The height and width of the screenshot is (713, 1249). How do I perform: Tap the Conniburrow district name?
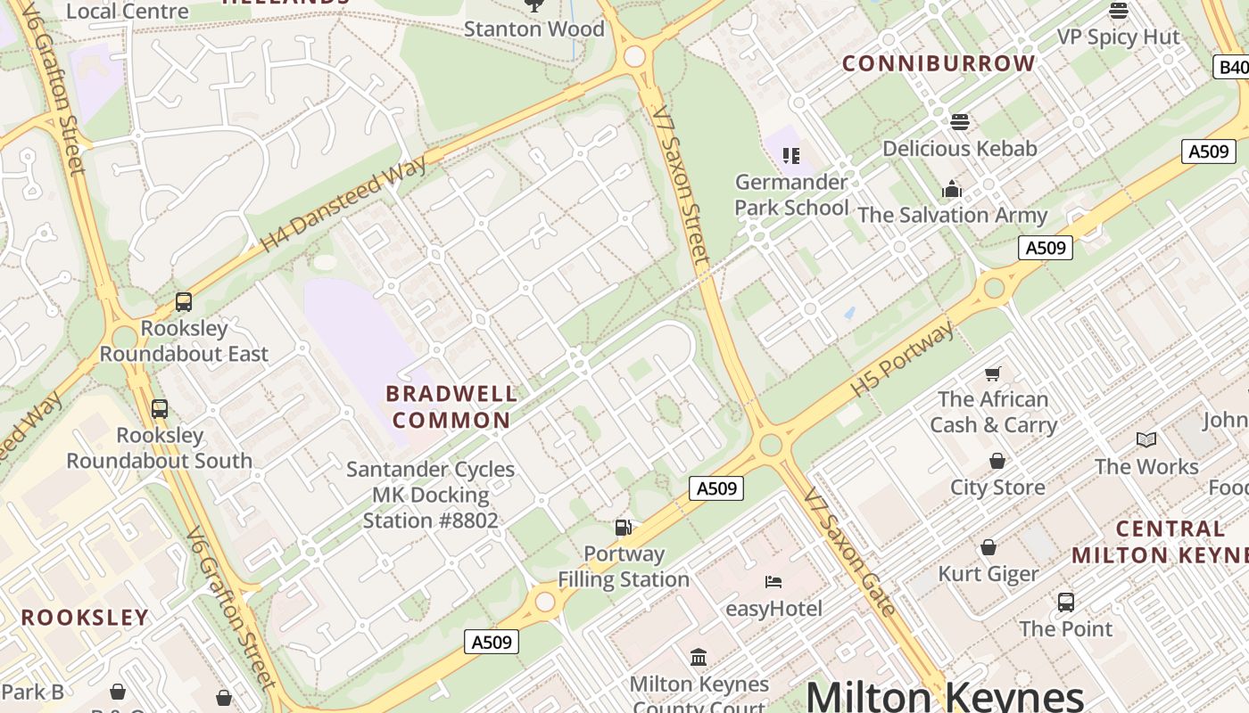point(939,63)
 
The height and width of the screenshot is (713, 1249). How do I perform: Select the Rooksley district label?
point(85,618)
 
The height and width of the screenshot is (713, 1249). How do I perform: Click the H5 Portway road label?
point(902,359)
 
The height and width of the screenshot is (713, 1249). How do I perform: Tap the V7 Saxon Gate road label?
point(848,553)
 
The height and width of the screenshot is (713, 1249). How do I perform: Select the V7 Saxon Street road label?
point(681,185)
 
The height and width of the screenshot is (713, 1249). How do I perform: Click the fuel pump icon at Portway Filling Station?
point(624,528)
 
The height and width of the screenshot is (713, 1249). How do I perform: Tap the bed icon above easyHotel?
point(773,582)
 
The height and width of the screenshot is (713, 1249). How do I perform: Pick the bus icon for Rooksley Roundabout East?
point(184,302)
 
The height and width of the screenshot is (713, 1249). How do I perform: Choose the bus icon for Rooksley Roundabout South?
point(160,409)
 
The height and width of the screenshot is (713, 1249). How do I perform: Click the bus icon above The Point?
point(1065,602)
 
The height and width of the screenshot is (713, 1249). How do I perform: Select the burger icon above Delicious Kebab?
point(960,121)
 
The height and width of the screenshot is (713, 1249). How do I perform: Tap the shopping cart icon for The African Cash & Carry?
point(992,373)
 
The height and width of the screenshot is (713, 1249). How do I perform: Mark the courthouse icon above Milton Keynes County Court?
point(699,657)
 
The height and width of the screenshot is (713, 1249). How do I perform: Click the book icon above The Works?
point(1146,439)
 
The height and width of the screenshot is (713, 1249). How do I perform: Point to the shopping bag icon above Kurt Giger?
point(988,547)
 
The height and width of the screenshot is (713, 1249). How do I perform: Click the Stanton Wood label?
point(534,29)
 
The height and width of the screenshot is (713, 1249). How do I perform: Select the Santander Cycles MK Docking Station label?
point(431,495)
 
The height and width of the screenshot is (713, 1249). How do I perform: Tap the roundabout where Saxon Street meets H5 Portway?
point(771,445)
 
